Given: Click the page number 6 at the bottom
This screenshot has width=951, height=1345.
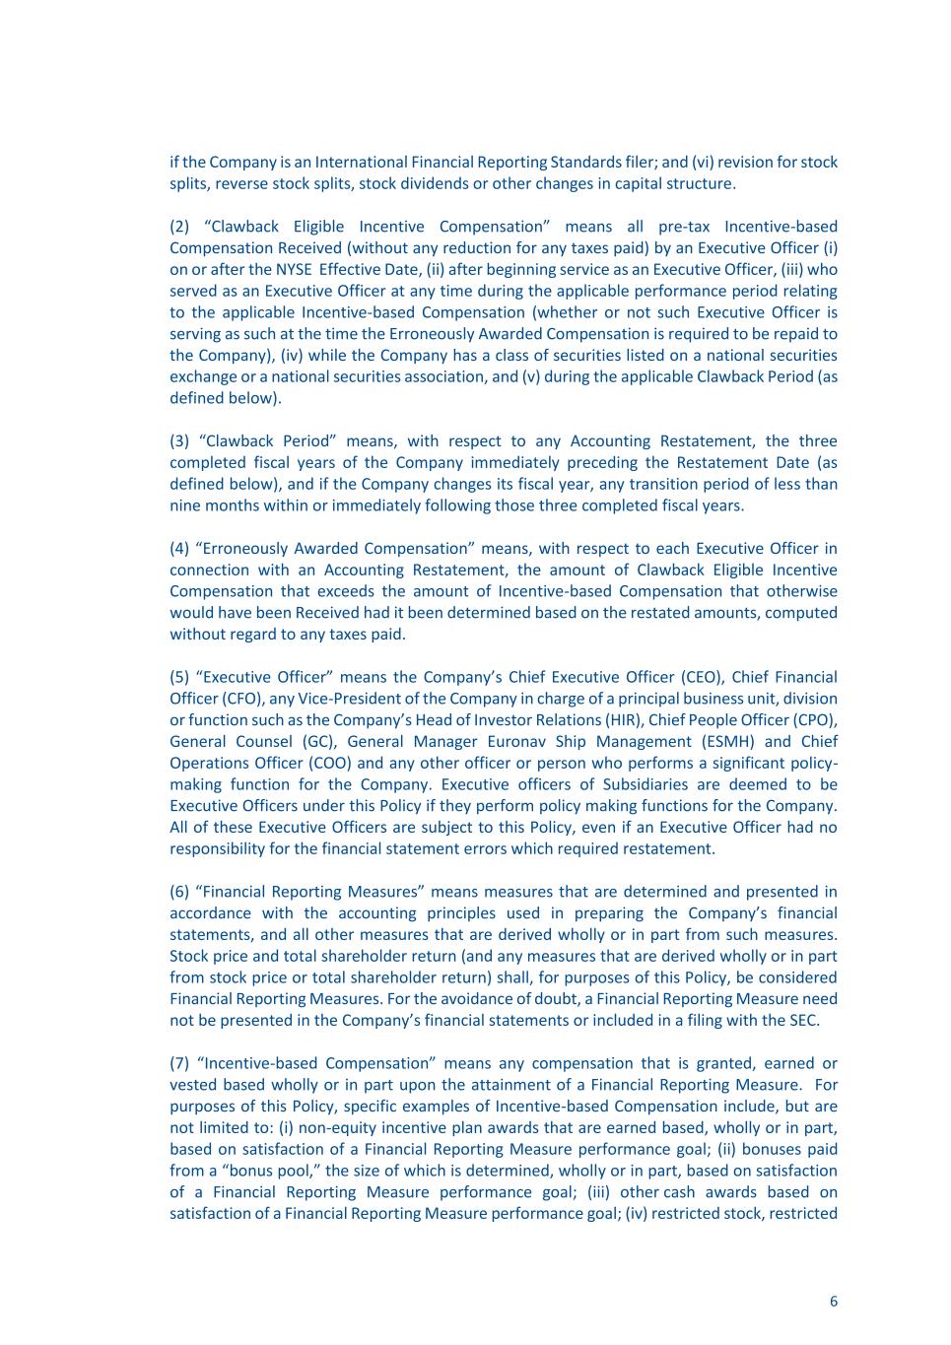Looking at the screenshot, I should click(x=833, y=1302).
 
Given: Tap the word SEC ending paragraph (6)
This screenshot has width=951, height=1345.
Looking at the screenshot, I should click(x=802, y=1020).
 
